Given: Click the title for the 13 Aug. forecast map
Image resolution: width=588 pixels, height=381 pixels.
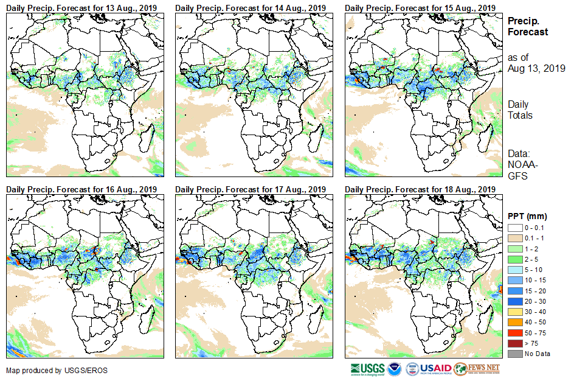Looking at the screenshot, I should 82,7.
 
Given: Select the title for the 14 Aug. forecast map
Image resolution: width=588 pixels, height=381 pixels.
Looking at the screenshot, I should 251,7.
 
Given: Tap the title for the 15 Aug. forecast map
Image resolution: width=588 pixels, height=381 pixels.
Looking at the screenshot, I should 420,7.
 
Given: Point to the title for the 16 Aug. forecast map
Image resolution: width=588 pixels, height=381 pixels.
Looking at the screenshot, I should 82,189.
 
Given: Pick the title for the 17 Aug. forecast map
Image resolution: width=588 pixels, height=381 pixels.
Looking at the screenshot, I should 251,189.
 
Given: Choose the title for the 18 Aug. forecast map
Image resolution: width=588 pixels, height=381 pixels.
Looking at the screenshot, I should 420,189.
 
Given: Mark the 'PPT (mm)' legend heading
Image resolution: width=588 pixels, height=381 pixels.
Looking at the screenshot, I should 527,216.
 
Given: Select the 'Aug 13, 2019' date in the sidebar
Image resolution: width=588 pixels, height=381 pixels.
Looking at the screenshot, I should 536,68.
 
